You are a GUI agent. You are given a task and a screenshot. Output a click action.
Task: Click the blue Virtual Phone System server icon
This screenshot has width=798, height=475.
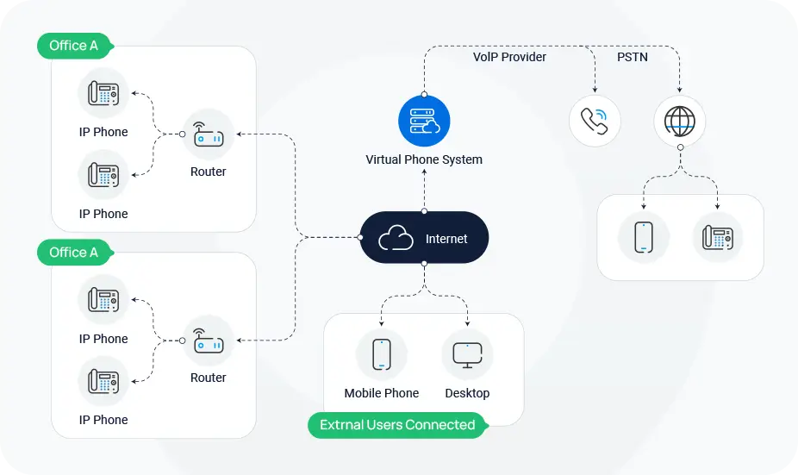tap(423, 122)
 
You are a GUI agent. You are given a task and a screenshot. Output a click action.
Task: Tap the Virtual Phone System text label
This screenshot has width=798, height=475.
tap(424, 159)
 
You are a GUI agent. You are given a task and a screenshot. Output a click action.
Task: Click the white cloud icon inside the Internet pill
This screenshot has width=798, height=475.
tap(396, 238)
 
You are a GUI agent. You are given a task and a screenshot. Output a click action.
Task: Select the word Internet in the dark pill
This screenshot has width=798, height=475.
tap(446, 239)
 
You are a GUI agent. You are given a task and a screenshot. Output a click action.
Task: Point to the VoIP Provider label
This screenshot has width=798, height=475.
tap(509, 57)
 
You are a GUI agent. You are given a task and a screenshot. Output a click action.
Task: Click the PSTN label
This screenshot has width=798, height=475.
tap(633, 57)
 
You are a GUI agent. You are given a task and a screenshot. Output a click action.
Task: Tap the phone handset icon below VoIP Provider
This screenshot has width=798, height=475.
tap(595, 121)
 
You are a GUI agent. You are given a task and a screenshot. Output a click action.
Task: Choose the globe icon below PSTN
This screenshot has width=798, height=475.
tap(679, 121)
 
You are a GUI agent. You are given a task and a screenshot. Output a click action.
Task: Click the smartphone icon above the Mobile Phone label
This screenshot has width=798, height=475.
tap(382, 354)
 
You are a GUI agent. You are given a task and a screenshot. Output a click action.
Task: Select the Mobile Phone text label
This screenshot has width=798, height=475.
tap(382, 393)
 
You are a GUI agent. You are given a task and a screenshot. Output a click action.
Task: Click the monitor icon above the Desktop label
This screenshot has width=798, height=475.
tap(467, 354)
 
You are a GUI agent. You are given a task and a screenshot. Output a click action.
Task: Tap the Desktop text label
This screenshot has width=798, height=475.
tap(467, 393)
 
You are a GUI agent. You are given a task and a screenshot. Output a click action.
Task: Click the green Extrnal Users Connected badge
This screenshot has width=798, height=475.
tap(397, 425)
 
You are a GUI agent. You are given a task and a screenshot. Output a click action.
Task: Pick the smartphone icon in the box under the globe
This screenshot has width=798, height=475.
tap(644, 237)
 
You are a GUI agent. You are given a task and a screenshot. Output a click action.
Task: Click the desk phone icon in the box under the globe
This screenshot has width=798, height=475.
tap(718, 237)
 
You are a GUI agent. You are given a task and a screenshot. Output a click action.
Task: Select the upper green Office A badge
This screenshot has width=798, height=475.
tap(74, 46)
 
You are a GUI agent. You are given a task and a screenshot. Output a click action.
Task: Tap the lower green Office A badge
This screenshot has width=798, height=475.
tap(74, 253)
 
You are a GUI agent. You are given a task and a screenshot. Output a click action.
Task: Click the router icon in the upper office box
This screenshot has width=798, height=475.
tap(209, 134)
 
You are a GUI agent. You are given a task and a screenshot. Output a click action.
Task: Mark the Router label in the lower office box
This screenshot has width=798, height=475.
tap(209, 378)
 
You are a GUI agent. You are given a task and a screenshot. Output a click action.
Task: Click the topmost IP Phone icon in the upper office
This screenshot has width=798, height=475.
tap(103, 93)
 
